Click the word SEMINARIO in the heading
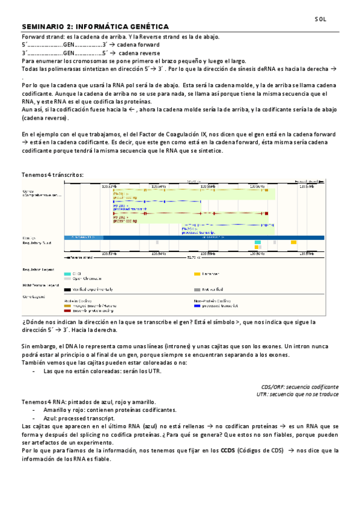(43, 27)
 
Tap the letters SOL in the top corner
(321, 19)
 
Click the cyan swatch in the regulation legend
(67, 274)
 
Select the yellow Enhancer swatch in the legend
(197, 274)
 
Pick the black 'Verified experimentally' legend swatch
(67, 289)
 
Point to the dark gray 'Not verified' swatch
(197, 289)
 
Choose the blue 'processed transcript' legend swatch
(197, 306)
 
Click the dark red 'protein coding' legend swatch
(67, 310)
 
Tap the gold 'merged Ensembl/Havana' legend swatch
(67, 306)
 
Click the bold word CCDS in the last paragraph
(228, 450)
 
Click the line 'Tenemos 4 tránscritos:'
(52, 174)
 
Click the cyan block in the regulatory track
(258, 242)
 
